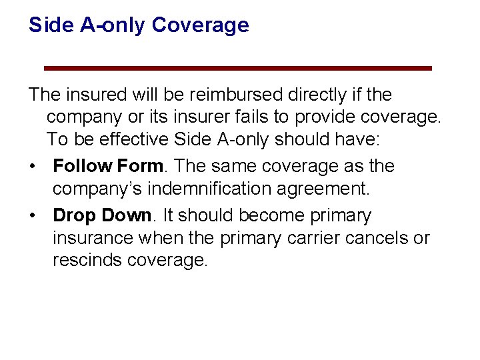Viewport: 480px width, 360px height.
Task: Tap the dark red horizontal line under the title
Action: click(237, 68)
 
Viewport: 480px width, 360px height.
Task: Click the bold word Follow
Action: click(81, 166)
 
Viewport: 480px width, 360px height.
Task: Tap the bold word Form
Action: click(137, 166)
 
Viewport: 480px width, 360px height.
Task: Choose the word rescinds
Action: click(84, 261)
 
